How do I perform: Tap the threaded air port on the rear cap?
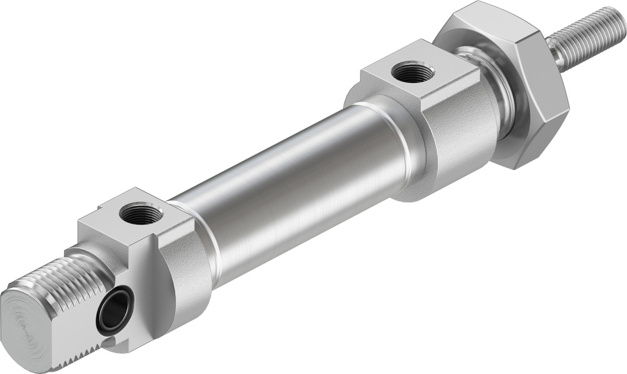pyautogui.click(x=141, y=212)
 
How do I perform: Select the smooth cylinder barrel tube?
pyautogui.click(x=297, y=178)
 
